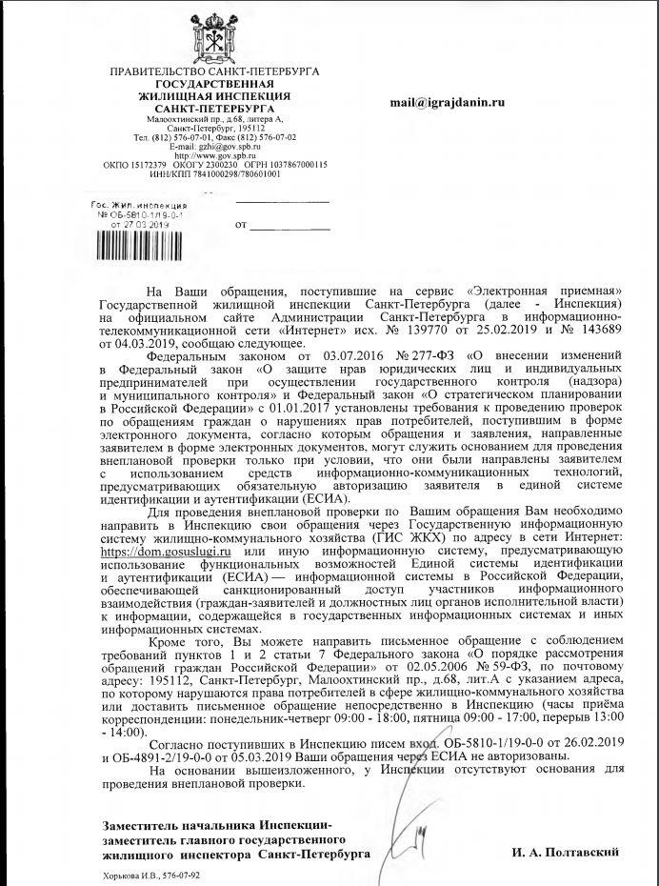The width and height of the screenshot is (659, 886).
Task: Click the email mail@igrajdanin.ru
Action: click(447, 102)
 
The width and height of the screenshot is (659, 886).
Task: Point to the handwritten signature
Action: click(417, 845)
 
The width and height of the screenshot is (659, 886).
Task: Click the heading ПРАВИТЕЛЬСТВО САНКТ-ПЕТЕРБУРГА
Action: click(214, 71)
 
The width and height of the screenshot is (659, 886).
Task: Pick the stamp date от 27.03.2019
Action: click(139, 224)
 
